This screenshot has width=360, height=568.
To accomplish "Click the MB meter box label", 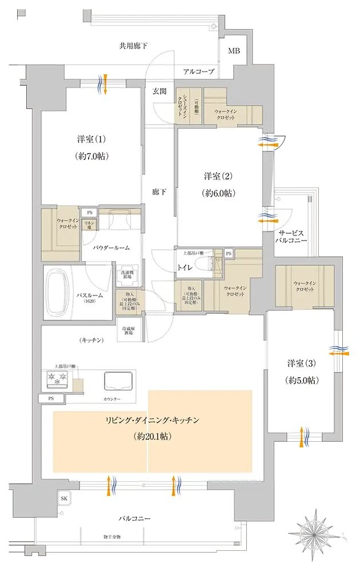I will pos(234,51).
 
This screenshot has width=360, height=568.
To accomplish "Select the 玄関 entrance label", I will pos(159,90).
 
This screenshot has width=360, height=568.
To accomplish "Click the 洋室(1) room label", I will pos(92,139).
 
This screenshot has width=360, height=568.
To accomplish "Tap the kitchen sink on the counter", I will pos(118,380).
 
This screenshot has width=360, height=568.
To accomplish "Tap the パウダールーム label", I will pos(112,247).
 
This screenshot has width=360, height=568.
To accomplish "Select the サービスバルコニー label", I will pos(293,238).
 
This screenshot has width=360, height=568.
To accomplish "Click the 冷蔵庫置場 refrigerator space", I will pos(130,332).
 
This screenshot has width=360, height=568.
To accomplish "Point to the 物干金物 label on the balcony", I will pos(112,537).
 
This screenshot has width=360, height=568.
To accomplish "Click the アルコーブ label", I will pos(198,71).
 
